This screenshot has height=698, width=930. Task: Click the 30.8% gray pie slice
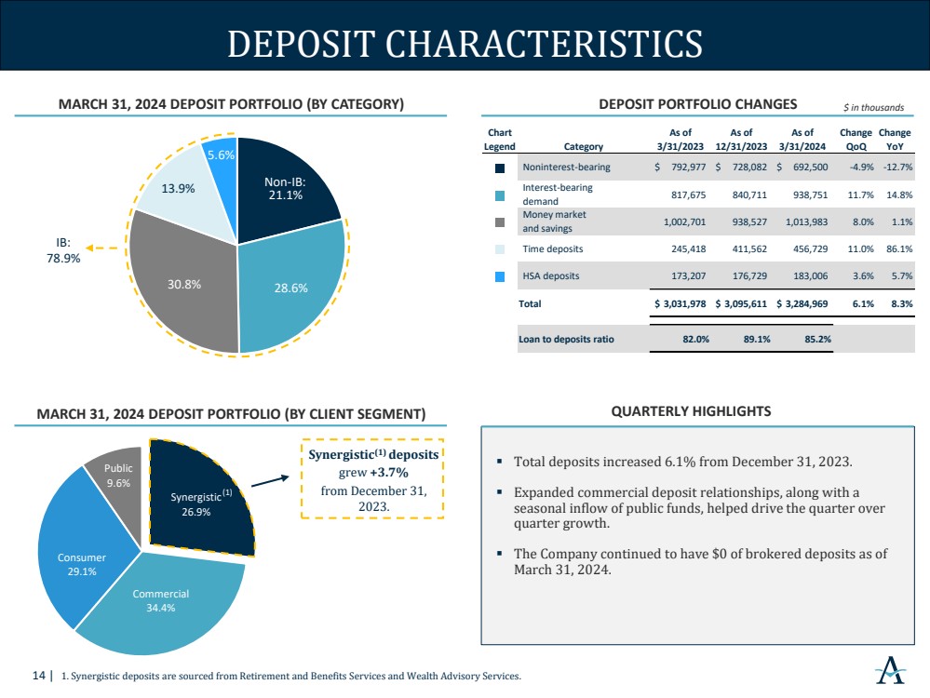181,285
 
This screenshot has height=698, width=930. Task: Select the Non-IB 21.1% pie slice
285,190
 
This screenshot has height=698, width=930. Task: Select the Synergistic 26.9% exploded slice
198,501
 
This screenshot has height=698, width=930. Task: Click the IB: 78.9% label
63,250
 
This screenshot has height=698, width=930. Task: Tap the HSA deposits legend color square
500,276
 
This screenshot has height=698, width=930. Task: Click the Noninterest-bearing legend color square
500,168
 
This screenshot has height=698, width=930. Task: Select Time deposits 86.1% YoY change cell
899,249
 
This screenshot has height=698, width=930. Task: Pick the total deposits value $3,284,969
802,303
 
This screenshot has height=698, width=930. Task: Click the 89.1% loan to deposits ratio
757,339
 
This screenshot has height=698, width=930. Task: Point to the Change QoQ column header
856,140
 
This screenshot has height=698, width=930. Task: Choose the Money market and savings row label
554,221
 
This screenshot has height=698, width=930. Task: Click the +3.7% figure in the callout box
389,473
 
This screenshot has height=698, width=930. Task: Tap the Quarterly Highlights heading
691,411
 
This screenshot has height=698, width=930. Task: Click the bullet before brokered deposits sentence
499,554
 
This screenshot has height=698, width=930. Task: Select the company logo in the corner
891,670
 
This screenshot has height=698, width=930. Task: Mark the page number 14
38,676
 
